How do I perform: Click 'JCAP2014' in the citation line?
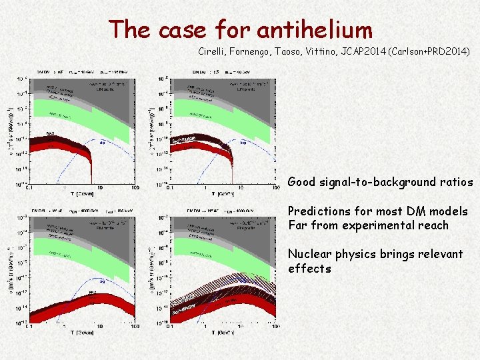pos(371,51)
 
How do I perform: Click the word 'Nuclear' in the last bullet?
pos(309,254)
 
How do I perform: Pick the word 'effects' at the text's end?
pos(309,269)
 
